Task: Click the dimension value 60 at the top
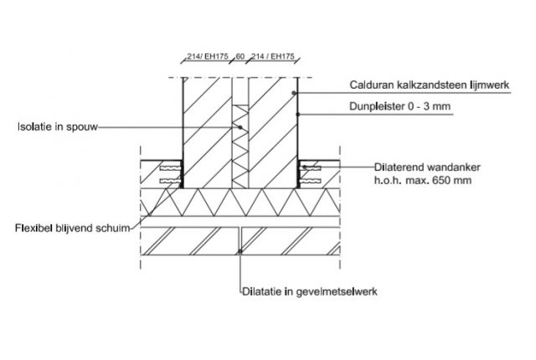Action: click(x=240, y=58)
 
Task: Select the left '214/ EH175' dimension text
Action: click(x=202, y=58)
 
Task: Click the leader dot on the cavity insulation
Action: click(x=240, y=127)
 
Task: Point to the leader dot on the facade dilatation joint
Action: click(x=240, y=250)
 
